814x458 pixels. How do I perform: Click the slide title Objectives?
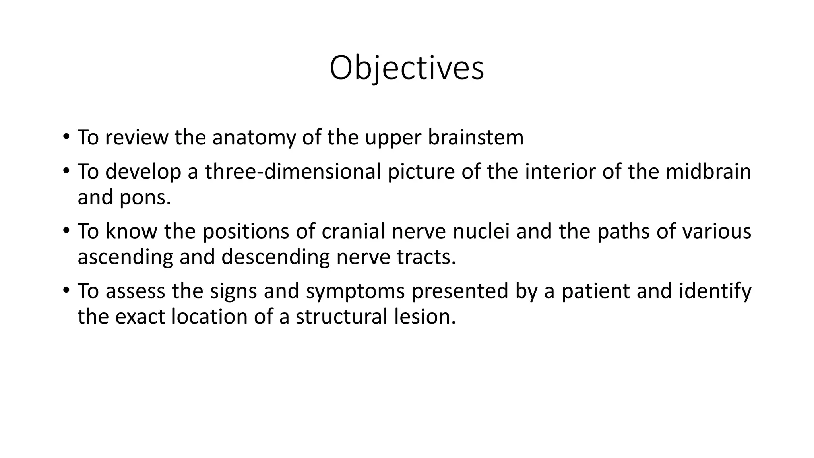click(407, 68)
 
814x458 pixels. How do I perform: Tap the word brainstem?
click(476, 138)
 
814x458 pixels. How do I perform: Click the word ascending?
click(125, 258)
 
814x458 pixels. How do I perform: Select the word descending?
click(275, 258)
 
